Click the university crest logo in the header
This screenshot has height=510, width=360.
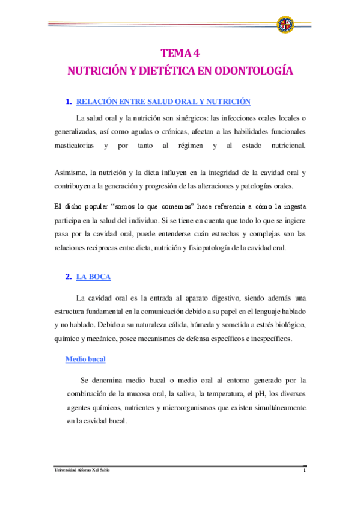285,25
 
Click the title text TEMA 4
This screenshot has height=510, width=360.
180,53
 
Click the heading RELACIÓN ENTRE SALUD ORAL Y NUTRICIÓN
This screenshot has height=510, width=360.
163,102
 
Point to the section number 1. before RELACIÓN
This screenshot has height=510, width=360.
69,102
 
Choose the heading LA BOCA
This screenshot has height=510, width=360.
93,277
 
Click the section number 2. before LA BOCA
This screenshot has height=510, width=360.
69,277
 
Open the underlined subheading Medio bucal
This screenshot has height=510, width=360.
85,359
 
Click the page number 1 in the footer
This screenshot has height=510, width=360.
305,470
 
